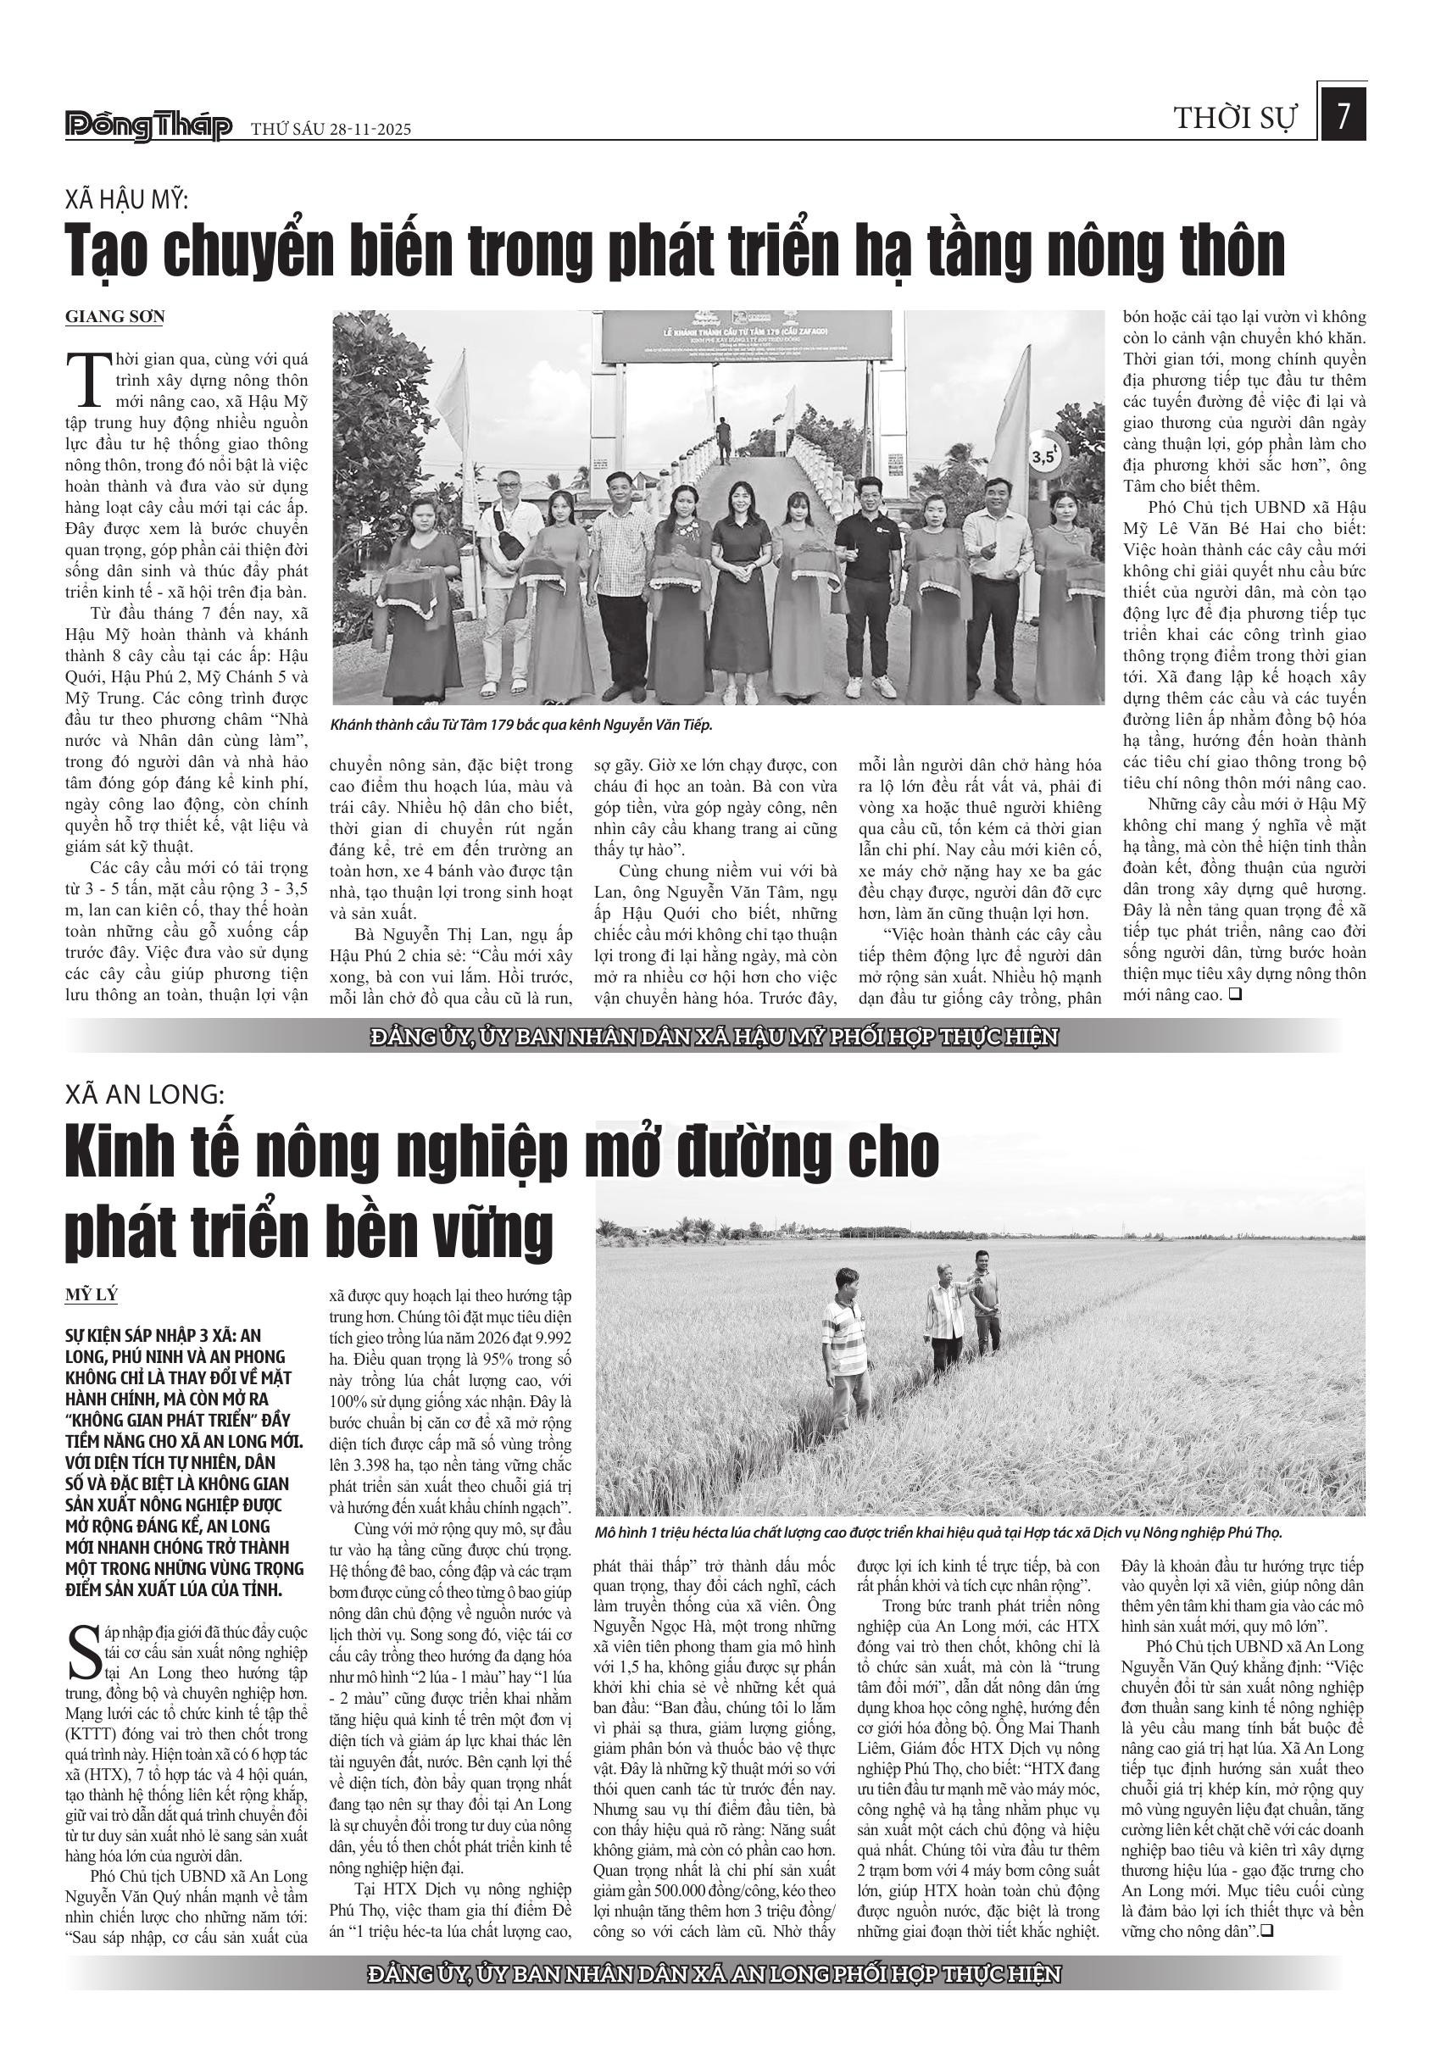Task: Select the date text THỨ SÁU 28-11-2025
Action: point(330,130)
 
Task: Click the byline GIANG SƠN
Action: point(114,316)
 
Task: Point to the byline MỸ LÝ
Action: point(92,1294)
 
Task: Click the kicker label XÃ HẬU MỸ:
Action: point(126,198)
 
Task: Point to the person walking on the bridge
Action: point(722,441)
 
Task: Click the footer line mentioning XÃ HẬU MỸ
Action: point(714,1037)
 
